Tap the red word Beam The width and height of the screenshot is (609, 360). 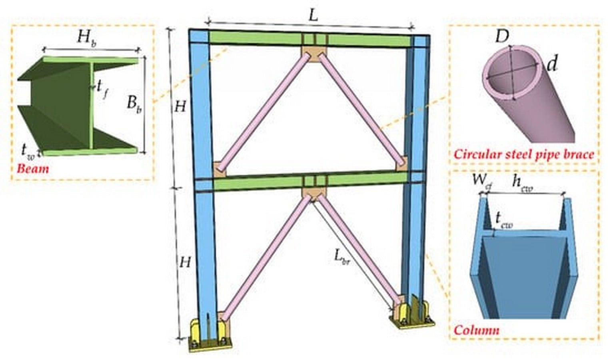pyautogui.click(x=33, y=169)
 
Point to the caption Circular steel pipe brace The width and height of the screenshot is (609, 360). pyautogui.click(x=524, y=154)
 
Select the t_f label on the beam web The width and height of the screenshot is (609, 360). pyautogui.click(x=102, y=89)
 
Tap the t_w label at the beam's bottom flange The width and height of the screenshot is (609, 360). pyautogui.click(x=28, y=151)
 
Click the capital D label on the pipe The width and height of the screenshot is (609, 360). pyautogui.click(x=502, y=36)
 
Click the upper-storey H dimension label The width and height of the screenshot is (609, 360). pyautogui.click(x=180, y=107)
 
